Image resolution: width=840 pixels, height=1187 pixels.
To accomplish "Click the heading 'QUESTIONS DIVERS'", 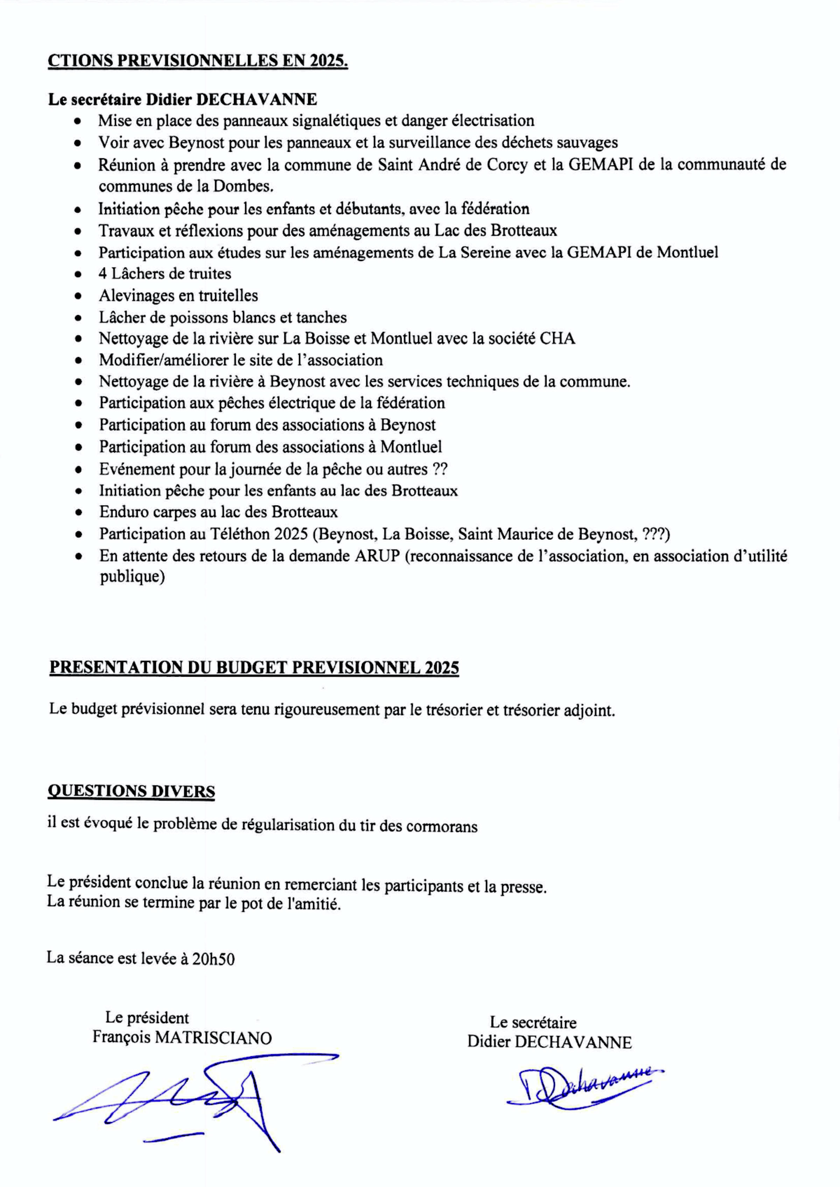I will [x=131, y=791].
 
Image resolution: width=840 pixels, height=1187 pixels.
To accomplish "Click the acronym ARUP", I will [x=377, y=556].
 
